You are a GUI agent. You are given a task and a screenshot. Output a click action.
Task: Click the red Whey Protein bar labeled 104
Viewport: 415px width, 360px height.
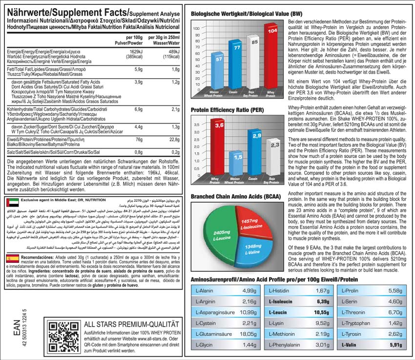[271, 61]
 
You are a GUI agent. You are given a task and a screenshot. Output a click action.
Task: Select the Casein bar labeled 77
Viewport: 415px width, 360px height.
[236, 68]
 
